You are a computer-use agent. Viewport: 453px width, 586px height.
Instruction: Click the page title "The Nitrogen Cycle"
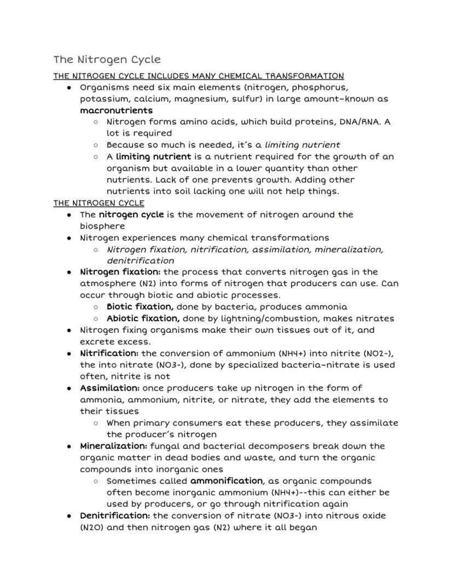(107, 59)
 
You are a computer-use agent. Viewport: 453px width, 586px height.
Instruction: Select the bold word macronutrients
(117, 111)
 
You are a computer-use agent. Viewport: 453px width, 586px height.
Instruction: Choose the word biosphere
(102, 226)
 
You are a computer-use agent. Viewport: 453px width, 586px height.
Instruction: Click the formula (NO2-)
(377, 353)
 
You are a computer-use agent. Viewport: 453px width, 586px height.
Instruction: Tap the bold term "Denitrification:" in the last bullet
(115, 515)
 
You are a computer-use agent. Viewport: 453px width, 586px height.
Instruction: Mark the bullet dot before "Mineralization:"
(69, 446)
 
